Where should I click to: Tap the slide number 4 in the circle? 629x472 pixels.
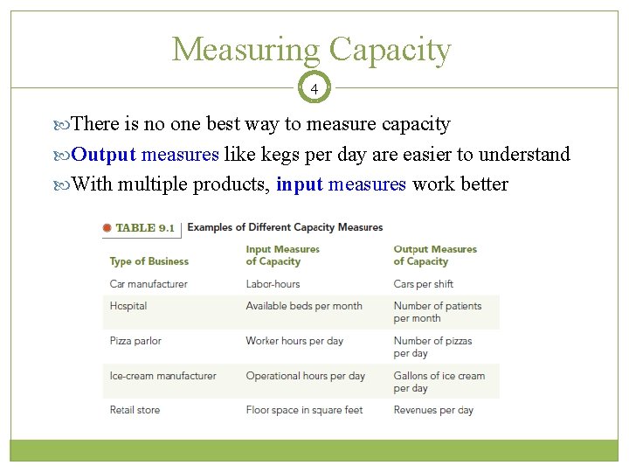coord(314,88)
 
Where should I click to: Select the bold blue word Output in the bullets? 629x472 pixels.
coord(103,155)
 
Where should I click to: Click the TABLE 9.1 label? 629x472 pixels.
coord(145,228)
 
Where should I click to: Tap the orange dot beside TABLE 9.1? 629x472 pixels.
coord(107,228)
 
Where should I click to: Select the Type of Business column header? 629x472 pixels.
coord(149,261)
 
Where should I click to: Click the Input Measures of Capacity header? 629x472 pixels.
coord(282,255)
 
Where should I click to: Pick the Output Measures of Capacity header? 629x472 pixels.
coord(435,255)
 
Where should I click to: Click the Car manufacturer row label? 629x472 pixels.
coord(149,284)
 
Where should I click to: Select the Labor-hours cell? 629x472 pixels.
coord(273,284)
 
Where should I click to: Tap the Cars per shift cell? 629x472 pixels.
coord(424,284)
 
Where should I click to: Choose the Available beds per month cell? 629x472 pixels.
coord(304,306)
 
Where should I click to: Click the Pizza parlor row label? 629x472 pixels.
coord(135,341)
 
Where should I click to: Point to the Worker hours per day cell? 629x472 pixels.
coord(294,341)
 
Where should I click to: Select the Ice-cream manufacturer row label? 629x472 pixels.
coord(162,376)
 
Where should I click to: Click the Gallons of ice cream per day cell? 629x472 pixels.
coord(439,382)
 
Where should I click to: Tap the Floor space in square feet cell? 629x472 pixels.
coord(304,410)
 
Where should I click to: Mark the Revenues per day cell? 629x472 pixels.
coord(433,410)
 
